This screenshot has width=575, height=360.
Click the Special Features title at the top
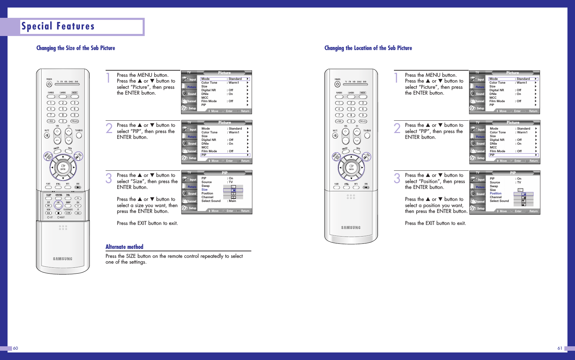[x=58, y=26]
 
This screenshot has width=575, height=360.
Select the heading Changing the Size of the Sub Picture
[x=75, y=48]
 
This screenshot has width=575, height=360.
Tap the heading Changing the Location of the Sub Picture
[x=368, y=48]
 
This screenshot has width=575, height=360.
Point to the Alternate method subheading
[x=124, y=247]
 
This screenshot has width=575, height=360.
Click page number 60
[x=15, y=348]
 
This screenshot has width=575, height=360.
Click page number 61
[x=560, y=348]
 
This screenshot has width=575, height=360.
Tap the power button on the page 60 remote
[x=49, y=84]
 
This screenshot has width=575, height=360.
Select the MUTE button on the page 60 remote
[x=47, y=135]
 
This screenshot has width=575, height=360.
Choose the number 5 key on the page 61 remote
[x=351, y=109]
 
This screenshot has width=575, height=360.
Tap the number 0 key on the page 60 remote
[x=63, y=121]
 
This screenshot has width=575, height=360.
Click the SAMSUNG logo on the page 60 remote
[x=63, y=259]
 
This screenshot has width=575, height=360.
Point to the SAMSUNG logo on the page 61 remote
[x=351, y=228]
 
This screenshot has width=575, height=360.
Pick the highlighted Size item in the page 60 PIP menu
[x=205, y=190]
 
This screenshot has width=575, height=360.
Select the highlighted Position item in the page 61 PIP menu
[x=495, y=193]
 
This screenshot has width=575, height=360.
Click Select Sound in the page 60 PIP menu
[x=211, y=201]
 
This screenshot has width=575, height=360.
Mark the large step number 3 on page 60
[x=109, y=178]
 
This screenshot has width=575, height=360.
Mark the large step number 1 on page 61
[x=396, y=78]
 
